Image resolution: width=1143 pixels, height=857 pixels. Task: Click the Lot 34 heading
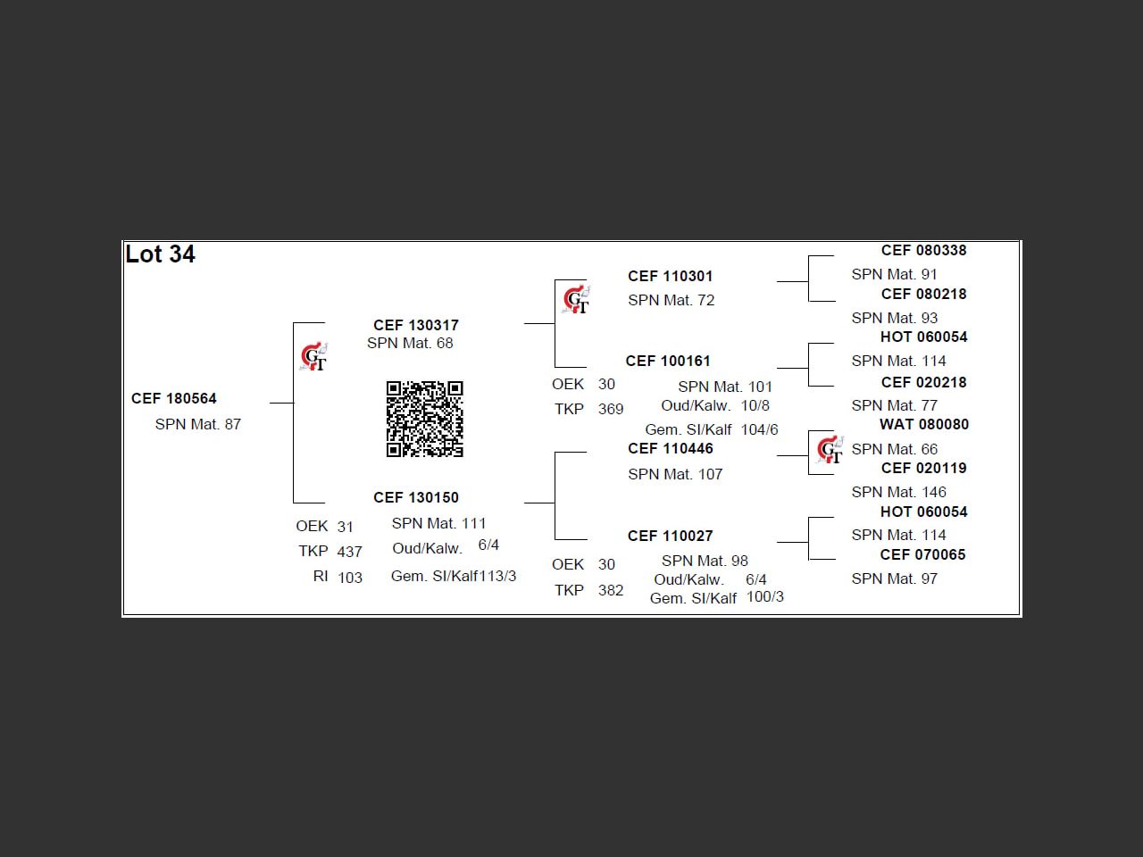pos(161,254)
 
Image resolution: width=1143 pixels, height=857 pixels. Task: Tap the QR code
pos(425,420)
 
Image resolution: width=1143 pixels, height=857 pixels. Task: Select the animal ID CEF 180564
pos(174,398)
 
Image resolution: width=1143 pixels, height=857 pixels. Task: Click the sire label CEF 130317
pos(416,325)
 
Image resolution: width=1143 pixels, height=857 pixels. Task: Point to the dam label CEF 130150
pos(416,497)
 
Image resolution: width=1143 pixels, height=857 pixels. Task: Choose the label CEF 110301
pos(671,276)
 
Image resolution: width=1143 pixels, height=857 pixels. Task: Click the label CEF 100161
pos(668,361)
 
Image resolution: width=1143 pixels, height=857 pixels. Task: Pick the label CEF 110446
pos(671,448)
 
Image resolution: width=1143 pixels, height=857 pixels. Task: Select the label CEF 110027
pos(671,536)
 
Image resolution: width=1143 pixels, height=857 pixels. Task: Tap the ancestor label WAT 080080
pos(924,424)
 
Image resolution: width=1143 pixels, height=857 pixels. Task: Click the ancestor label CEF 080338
pos(924,250)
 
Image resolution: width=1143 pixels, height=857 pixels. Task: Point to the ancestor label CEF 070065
pos(923,554)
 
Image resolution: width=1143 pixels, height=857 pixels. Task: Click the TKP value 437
pos(350,552)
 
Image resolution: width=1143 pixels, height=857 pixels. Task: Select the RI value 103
pos(350,578)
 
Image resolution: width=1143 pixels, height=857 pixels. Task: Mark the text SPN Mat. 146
pos(899,492)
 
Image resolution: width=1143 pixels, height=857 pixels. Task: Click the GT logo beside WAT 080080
pos(830,449)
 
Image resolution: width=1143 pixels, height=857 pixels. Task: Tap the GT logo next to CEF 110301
pos(577,300)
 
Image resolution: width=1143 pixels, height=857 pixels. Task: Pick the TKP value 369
pos(611,409)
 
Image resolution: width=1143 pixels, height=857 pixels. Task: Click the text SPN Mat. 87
pos(198,424)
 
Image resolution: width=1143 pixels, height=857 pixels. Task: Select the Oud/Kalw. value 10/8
pos(755,405)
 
